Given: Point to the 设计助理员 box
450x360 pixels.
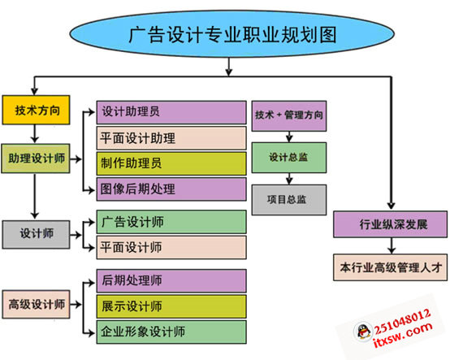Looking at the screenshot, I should (x=171, y=112).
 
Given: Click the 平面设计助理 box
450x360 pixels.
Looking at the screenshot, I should (x=171, y=137).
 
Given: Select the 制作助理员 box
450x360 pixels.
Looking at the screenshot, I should (x=171, y=163).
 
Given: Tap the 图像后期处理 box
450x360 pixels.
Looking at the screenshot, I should (x=171, y=189).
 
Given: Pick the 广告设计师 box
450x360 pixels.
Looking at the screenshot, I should (x=171, y=221).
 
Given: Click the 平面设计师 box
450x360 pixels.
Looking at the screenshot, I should (x=171, y=246).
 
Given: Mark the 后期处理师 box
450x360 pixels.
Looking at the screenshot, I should (x=171, y=281).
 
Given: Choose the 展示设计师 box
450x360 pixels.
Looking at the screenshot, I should (x=171, y=306).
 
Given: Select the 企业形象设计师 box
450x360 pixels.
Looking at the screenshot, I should (x=171, y=332).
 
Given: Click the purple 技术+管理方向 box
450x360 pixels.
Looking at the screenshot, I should (x=289, y=115).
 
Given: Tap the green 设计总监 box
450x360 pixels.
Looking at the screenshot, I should (x=289, y=156).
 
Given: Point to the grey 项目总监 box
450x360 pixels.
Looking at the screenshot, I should (x=289, y=198).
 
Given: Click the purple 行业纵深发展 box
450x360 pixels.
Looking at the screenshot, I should (x=391, y=223).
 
